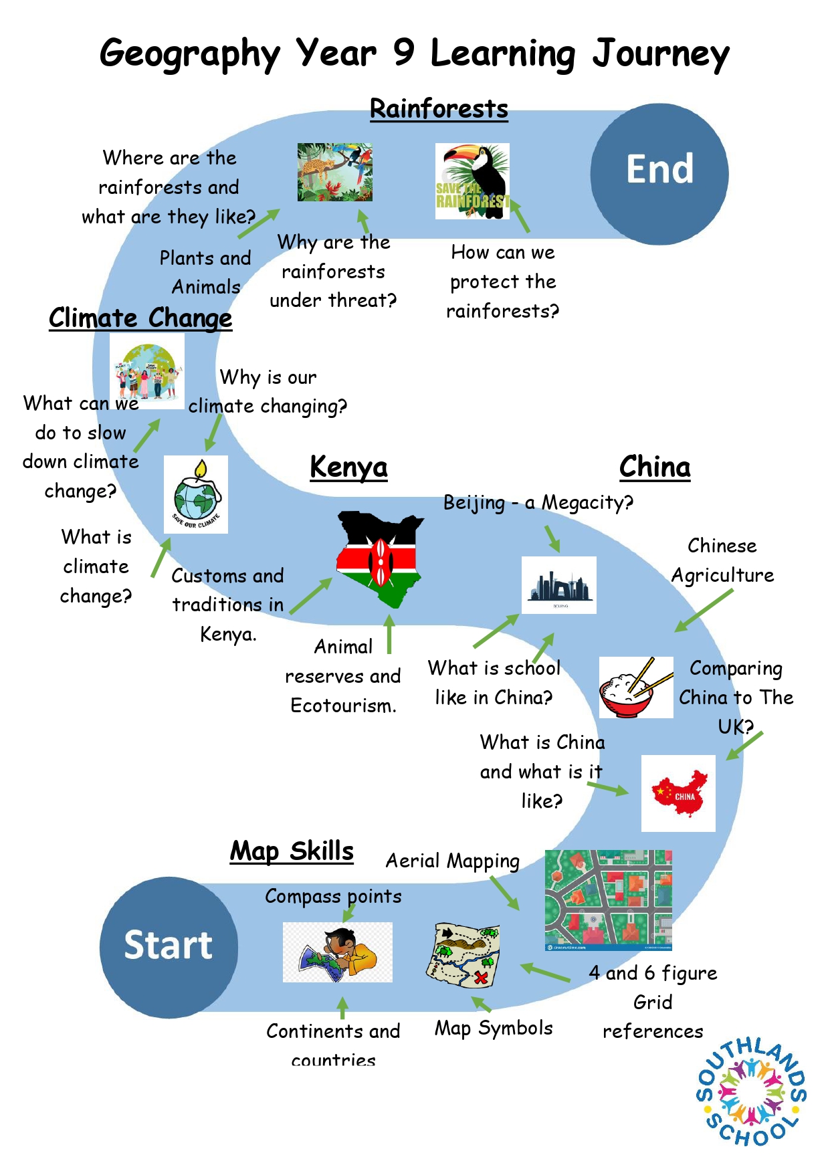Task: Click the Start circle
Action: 169,947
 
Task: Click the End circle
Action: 659,174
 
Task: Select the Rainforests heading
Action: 439,109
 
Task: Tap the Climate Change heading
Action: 140,318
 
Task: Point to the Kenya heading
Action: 348,467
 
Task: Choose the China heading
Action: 655,467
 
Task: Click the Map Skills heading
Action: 292,851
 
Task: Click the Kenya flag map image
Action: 380,559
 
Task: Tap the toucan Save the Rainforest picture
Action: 472,181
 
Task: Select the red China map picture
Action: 678,793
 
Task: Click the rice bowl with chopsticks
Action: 636,687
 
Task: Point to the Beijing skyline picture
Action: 558,585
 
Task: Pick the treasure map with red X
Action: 463,955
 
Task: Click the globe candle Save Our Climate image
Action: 196,494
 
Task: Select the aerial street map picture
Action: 609,900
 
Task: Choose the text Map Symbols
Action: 494,1029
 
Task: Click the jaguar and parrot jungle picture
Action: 335,172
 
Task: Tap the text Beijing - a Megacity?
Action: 538,503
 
